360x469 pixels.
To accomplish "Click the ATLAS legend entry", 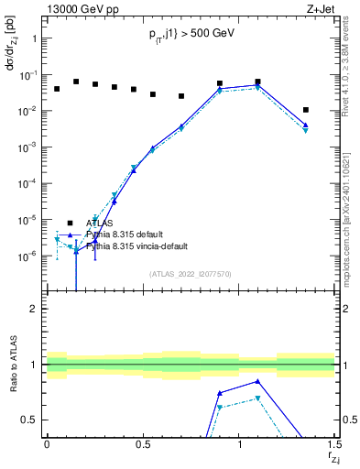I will [101, 223].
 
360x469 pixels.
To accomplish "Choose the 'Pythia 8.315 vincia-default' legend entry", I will [139, 246].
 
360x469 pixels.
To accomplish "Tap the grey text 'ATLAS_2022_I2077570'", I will [191, 273].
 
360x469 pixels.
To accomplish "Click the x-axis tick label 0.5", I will [142, 442].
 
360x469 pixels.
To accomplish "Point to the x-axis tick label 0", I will [47, 442].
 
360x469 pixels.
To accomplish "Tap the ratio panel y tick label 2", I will [34, 309].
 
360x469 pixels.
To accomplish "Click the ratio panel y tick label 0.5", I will [29, 420].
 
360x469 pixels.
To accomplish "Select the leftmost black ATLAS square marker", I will [57, 89].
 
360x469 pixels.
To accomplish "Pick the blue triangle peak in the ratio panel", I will [258, 381].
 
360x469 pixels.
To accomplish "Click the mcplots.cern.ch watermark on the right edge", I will [352, 220].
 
